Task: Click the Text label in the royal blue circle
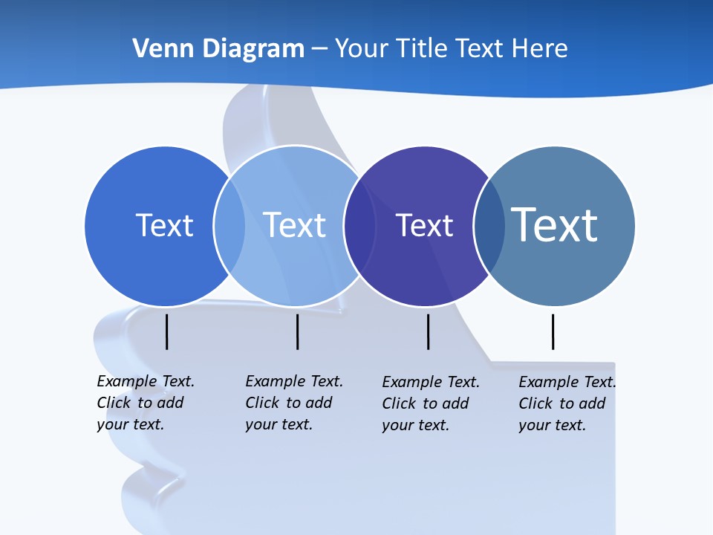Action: (164, 225)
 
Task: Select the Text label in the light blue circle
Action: (294, 225)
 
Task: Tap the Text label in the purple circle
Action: (424, 226)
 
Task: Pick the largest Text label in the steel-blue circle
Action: (554, 224)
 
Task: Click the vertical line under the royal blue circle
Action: (167, 331)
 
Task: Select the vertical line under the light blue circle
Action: (297, 331)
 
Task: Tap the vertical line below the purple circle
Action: (428, 331)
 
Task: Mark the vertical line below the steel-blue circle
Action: (553, 331)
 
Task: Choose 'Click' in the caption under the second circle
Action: (264, 403)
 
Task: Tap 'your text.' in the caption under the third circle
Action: (415, 425)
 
